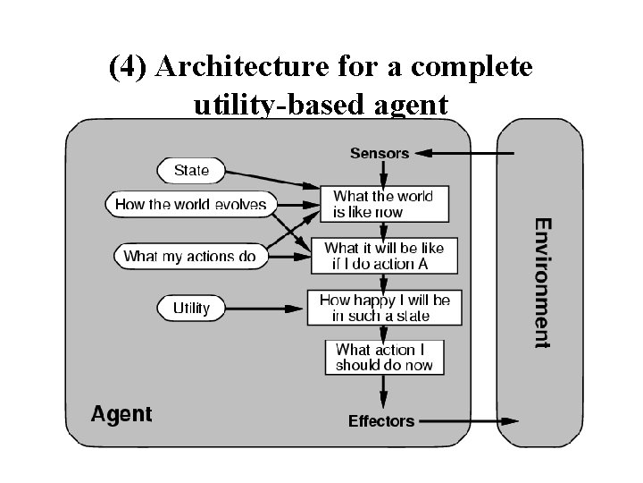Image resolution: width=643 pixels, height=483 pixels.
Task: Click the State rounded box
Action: (x=191, y=170)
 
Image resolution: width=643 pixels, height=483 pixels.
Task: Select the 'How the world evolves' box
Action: (x=190, y=204)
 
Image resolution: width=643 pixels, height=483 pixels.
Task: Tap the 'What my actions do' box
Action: (x=189, y=256)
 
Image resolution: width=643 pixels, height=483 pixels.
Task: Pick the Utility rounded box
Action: (x=191, y=308)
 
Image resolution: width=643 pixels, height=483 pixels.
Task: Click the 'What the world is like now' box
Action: (x=383, y=204)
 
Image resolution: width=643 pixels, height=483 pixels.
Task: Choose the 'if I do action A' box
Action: (x=383, y=256)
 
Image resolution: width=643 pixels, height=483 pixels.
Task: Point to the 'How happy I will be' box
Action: (x=384, y=308)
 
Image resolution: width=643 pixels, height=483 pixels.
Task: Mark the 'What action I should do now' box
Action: (x=384, y=357)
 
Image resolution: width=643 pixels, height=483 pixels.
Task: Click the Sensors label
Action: (x=380, y=153)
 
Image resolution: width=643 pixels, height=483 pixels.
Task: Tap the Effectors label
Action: (x=381, y=420)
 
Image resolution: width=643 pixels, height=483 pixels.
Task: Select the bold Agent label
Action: (x=121, y=414)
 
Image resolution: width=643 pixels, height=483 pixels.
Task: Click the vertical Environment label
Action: (x=542, y=283)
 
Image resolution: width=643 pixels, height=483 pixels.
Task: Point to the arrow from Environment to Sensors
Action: (x=464, y=153)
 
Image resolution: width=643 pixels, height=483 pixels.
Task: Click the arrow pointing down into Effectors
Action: (x=384, y=392)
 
